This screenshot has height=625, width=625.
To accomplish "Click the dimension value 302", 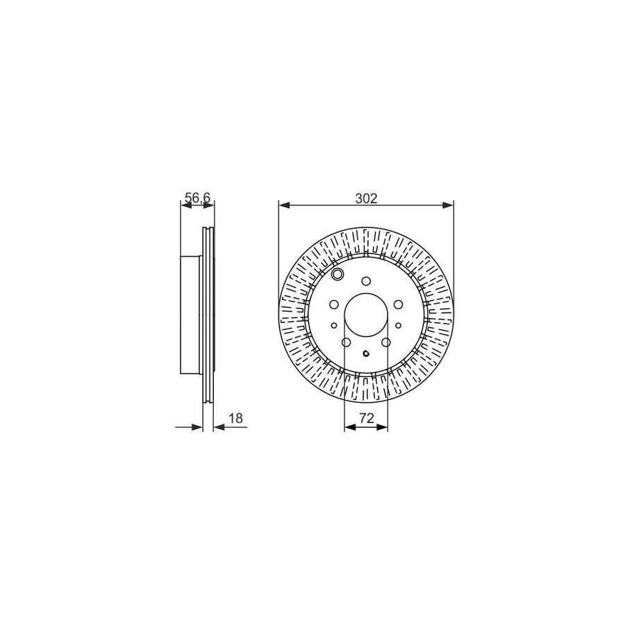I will pos(366,198).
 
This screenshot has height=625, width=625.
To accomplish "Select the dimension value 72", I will pos(366,419).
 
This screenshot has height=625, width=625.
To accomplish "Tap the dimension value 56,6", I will pos(197,198).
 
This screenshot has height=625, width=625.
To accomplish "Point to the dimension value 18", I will pos(235,419).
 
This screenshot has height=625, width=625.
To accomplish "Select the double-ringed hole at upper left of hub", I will pos(338,276).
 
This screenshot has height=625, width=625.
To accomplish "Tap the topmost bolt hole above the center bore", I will pos(366,281).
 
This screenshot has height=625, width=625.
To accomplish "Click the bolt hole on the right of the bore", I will pos(397,304).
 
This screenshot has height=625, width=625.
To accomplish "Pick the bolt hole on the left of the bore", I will pos(334,304).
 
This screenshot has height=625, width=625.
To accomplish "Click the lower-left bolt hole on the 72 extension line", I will pos(346,342).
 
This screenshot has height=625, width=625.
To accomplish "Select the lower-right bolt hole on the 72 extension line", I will pos(386,342).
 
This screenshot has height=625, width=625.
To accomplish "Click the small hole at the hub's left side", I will pos(334,325).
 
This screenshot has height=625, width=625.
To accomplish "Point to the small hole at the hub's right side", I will pos(398,325).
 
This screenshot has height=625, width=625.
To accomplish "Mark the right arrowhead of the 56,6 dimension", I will pos(211,205).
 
